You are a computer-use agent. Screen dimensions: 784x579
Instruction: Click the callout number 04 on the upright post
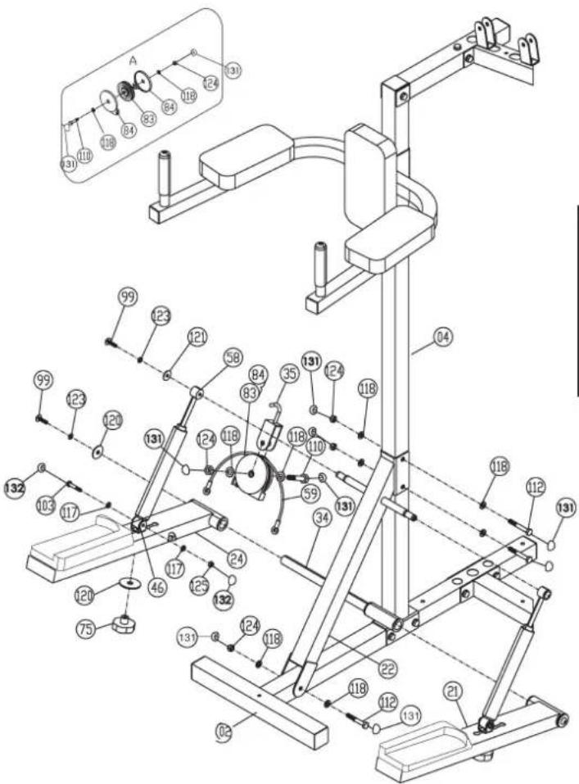tap(442, 335)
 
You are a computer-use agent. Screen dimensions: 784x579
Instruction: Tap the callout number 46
tap(156, 564)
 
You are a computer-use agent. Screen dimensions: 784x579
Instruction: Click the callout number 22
tap(388, 669)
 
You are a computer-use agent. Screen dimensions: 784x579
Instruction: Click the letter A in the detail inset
tap(133, 60)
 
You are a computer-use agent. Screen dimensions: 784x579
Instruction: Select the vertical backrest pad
tap(365, 176)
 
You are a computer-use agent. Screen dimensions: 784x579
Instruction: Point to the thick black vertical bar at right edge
tap(575, 299)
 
